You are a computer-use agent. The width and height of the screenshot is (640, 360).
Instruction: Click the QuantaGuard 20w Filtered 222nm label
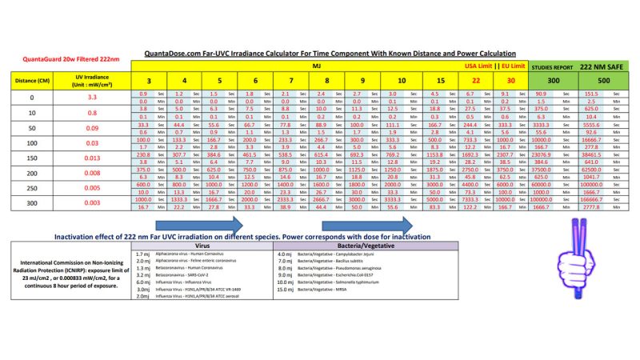60,60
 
